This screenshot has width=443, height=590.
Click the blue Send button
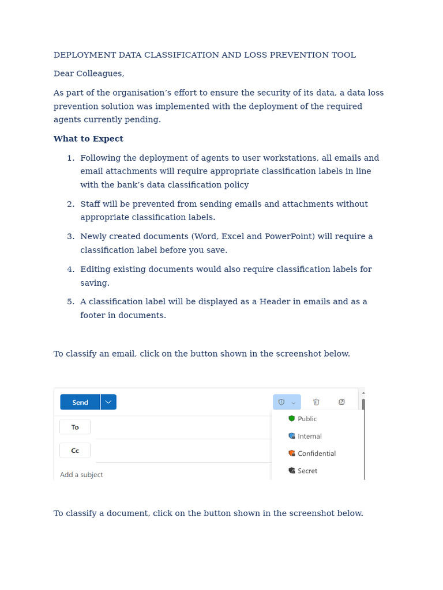coord(80,402)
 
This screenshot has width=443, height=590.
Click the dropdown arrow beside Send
coord(108,402)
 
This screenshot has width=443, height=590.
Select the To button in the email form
coord(75,427)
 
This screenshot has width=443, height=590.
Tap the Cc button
coord(75,451)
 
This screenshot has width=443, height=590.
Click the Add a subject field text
coord(81,475)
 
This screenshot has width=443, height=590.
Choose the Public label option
coord(307,419)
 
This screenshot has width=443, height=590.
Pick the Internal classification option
coord(309,436)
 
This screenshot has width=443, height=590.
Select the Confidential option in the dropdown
coord(316,453)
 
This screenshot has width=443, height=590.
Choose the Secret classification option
coord(307,471)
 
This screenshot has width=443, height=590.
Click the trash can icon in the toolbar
coord(316,402)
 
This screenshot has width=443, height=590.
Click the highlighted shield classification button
coord(286,402)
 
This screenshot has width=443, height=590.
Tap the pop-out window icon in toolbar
coord(341,402)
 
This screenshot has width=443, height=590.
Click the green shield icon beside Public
coord(292,419)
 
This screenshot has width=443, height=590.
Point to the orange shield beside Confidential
coord(292,453)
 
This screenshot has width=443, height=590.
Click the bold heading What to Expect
coord(88,139)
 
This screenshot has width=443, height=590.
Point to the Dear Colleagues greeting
coord(89,74)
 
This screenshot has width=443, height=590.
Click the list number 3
coord(70,236)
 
